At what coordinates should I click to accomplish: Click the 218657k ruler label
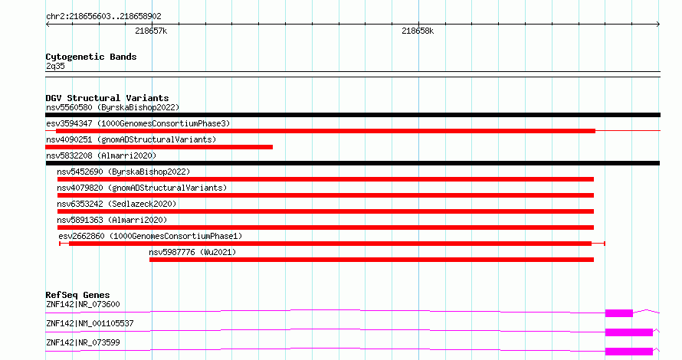coord(151,31)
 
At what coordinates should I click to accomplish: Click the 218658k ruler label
coord(418,31)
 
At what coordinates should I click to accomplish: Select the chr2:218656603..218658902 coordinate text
coord(103,16)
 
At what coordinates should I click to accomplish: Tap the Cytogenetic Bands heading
coord(91,57)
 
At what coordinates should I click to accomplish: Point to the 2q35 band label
coord(55,66)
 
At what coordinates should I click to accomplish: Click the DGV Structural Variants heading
coord(107,98)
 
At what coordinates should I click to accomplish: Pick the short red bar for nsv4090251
coord(159,147)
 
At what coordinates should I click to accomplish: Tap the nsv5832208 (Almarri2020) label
coord(101,155)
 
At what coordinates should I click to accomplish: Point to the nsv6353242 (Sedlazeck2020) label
coord(116,204)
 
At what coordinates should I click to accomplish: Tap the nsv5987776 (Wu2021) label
coord(192,252)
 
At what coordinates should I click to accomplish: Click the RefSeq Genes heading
coord(77,295)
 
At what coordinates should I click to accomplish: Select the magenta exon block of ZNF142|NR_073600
coord(619,313)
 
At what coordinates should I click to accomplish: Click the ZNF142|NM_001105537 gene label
coord(90,323)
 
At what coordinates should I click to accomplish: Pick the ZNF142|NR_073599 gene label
coord(83,342)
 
